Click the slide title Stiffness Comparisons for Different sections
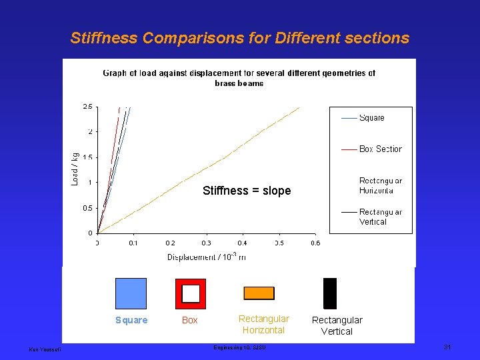[x=240, y=38]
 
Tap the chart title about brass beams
[x=239, y=78]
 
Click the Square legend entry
[x=371, y=118]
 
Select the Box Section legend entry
[x=380, y=149]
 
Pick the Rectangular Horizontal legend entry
[x=380, y=185]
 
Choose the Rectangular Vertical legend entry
[x=380, y=217]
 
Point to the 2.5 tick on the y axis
[x=87, y=107]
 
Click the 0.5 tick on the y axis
[x=87, y=208]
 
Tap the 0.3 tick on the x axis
[x=206, y=243]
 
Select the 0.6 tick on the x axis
[x=315, y=243]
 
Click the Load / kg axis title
[x=75, y=169]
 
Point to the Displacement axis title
[x=206, y=257]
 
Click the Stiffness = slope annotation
[x=247, y=191]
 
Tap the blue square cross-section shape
[x=131, y=293]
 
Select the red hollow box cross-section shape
[x=191, y=293]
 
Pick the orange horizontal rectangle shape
[x=259, y=293]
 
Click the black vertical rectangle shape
[x=330, y=293]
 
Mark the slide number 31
[x=447, y=347]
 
